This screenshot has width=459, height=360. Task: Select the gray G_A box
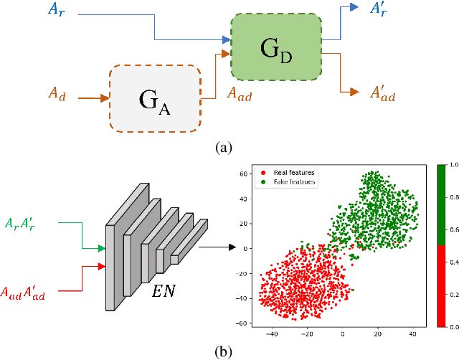(154, 99)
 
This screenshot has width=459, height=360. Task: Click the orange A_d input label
(57, 94)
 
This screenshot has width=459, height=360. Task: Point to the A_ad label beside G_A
(239, 94)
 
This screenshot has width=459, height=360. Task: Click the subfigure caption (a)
(224, 148)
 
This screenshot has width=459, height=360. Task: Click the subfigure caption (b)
(224, 351)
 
